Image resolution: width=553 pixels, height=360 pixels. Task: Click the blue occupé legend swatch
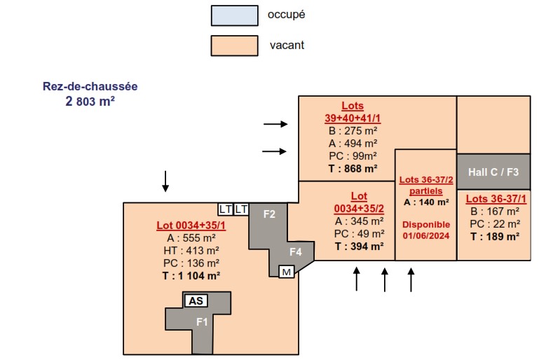click(234, 15)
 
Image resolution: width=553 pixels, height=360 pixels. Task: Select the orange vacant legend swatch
click(234, 46)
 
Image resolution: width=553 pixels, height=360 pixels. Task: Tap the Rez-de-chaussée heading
click(90, 87)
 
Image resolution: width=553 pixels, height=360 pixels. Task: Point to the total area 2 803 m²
click(90, 101)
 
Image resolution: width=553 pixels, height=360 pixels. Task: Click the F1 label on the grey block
click(202, 322)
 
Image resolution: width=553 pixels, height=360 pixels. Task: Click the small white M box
click(286, 272)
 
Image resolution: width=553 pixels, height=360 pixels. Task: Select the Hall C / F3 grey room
click(493, 172)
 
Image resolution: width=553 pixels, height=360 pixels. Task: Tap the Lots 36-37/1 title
click(495, 198)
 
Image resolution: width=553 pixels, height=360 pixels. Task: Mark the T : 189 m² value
click(495, 237)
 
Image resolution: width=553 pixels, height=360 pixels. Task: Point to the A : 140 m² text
click(425, 202)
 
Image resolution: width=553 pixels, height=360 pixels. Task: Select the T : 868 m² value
click(353, 168)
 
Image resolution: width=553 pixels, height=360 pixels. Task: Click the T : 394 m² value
click(359, 246)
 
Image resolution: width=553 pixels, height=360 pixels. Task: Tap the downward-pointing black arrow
click(165, 181)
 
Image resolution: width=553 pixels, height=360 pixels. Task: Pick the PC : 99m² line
click(353, 155)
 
